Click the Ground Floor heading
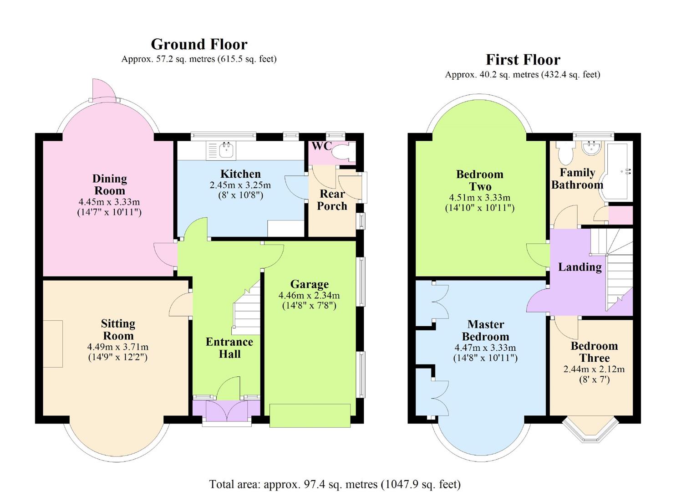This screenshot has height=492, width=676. point(199,44)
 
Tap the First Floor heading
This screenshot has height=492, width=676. point(523,60)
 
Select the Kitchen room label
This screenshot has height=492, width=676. point(240,174)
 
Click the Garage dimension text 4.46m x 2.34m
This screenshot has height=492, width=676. point(309,295)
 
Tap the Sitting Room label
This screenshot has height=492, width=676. point(118,329)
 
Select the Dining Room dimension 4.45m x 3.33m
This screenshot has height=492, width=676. point(109,202)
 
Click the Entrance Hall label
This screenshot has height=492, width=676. point(229,348)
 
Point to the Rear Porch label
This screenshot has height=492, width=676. point(332,200)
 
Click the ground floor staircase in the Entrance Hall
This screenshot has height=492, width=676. point(247,308)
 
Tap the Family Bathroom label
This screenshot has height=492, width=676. point(577,179)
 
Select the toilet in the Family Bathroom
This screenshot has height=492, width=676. point(565,153)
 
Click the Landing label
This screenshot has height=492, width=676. point(580,267)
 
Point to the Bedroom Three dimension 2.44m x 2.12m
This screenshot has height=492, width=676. point(594,369)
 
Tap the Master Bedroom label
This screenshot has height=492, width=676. point(486,330)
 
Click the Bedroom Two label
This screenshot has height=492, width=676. point(480,180)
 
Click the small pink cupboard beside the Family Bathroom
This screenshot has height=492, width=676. point(620,215)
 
